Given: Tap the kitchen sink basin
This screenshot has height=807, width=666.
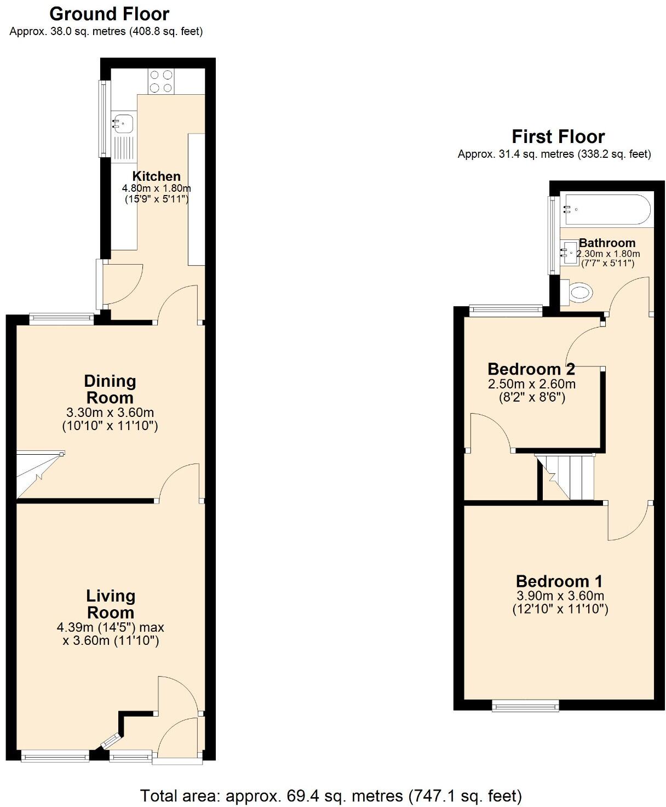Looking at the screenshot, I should tap(123, 123).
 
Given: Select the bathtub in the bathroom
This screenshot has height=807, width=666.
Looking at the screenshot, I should tap(606, 209).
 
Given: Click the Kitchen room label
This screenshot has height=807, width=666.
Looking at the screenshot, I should tap(156, 176).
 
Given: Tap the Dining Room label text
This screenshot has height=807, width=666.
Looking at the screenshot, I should tap(110, 389).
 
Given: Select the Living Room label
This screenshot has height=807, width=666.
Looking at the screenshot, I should tap(111, 604).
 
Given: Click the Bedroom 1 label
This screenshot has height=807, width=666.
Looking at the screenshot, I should tap(559, 581).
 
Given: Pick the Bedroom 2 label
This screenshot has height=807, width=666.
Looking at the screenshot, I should tap(531, 369).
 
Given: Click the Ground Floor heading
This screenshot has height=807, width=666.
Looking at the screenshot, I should tap(109, 14).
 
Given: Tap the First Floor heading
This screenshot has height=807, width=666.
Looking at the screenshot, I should tap(558, 136).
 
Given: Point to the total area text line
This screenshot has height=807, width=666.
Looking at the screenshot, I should tap(331, 795).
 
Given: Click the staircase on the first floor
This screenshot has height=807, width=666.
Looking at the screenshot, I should tap(567, 477).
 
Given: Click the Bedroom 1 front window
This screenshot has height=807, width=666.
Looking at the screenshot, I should tap(525, 706).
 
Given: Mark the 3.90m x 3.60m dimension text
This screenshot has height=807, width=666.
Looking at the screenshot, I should tap(560, 596).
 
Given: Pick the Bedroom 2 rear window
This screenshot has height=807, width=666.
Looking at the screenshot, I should tap(506, 311).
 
